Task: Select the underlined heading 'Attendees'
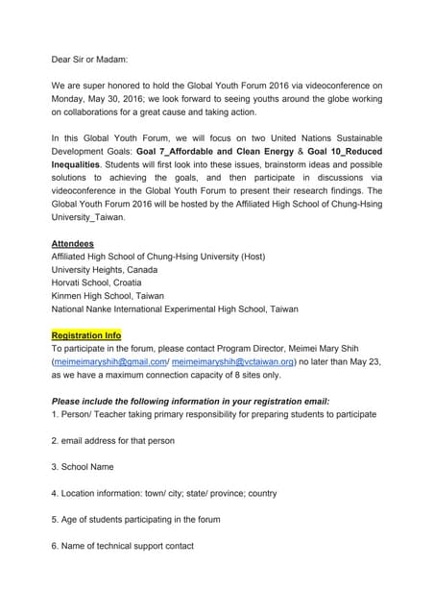pos(73,243)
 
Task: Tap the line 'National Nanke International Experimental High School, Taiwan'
pos(175,309)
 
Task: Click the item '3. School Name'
pos(83,467)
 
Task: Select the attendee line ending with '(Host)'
pos(158,257)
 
